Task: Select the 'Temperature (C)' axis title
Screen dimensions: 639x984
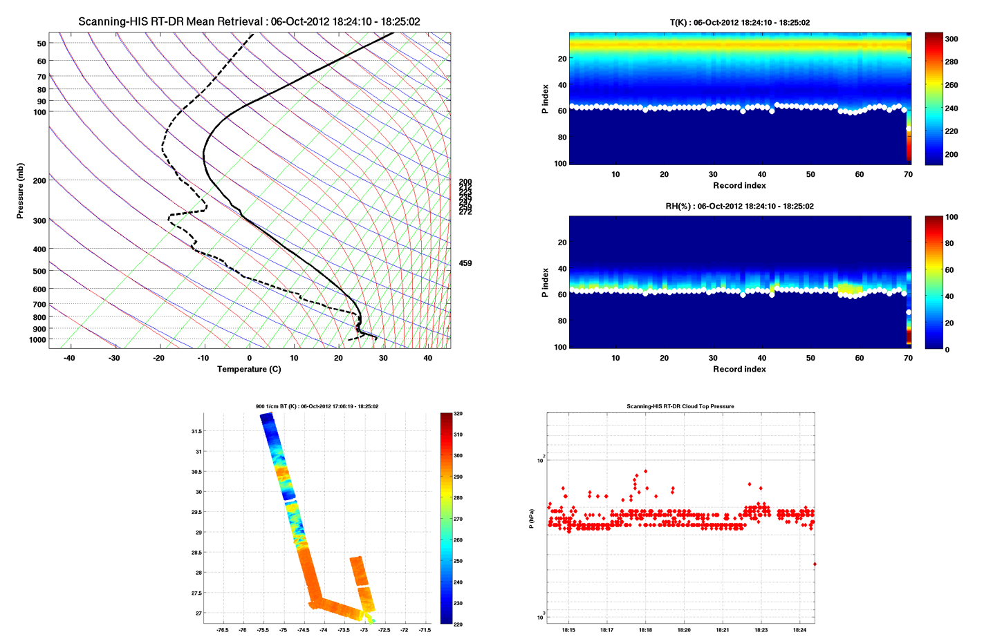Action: pos(249,369)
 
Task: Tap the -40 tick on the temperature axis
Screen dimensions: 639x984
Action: pos(69,358)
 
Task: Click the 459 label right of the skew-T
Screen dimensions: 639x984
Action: pos(465,263)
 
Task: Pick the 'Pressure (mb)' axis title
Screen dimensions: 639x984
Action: pos(20,191)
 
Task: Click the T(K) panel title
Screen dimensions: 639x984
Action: pos(739,22)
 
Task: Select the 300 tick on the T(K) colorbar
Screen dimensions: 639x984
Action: pos(951,39)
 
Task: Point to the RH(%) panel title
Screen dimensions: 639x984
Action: pos(739,206)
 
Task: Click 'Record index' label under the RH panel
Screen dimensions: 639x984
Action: pos(739,369)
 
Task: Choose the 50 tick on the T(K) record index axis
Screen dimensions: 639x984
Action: pos(810,174)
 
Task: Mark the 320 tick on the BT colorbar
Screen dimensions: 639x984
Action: pos(458,414)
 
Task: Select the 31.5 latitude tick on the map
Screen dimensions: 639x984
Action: pos(196,431)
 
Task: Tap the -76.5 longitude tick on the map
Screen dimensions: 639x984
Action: pos(223,630)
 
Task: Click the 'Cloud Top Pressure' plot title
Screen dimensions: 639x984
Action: pos(680,406)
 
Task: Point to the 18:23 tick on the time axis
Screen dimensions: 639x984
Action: pos(761,630)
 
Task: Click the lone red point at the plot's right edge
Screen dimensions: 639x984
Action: pos(815,564)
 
